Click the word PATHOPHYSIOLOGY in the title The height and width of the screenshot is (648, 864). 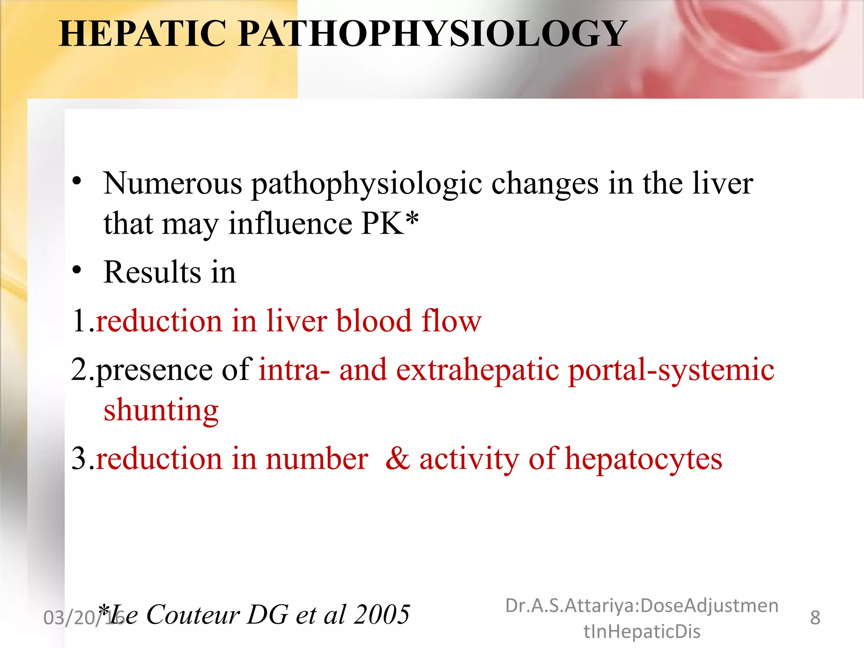click(432, 34)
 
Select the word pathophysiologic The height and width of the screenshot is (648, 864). click(367, 185)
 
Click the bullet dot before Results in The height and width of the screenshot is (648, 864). click(76, 270)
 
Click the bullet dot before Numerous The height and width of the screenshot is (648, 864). click(76, 181)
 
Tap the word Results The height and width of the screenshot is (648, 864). click(152, 272)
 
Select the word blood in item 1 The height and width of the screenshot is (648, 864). click(374, 321)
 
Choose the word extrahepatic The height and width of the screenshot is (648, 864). click(478, 370)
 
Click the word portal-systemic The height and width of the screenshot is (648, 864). click(671, 370)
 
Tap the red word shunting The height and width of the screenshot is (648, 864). click(161, 410)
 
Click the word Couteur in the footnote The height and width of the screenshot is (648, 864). click(193, 614)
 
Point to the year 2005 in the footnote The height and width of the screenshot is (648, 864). click(382, 614)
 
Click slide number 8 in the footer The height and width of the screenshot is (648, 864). click(815, 618)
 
